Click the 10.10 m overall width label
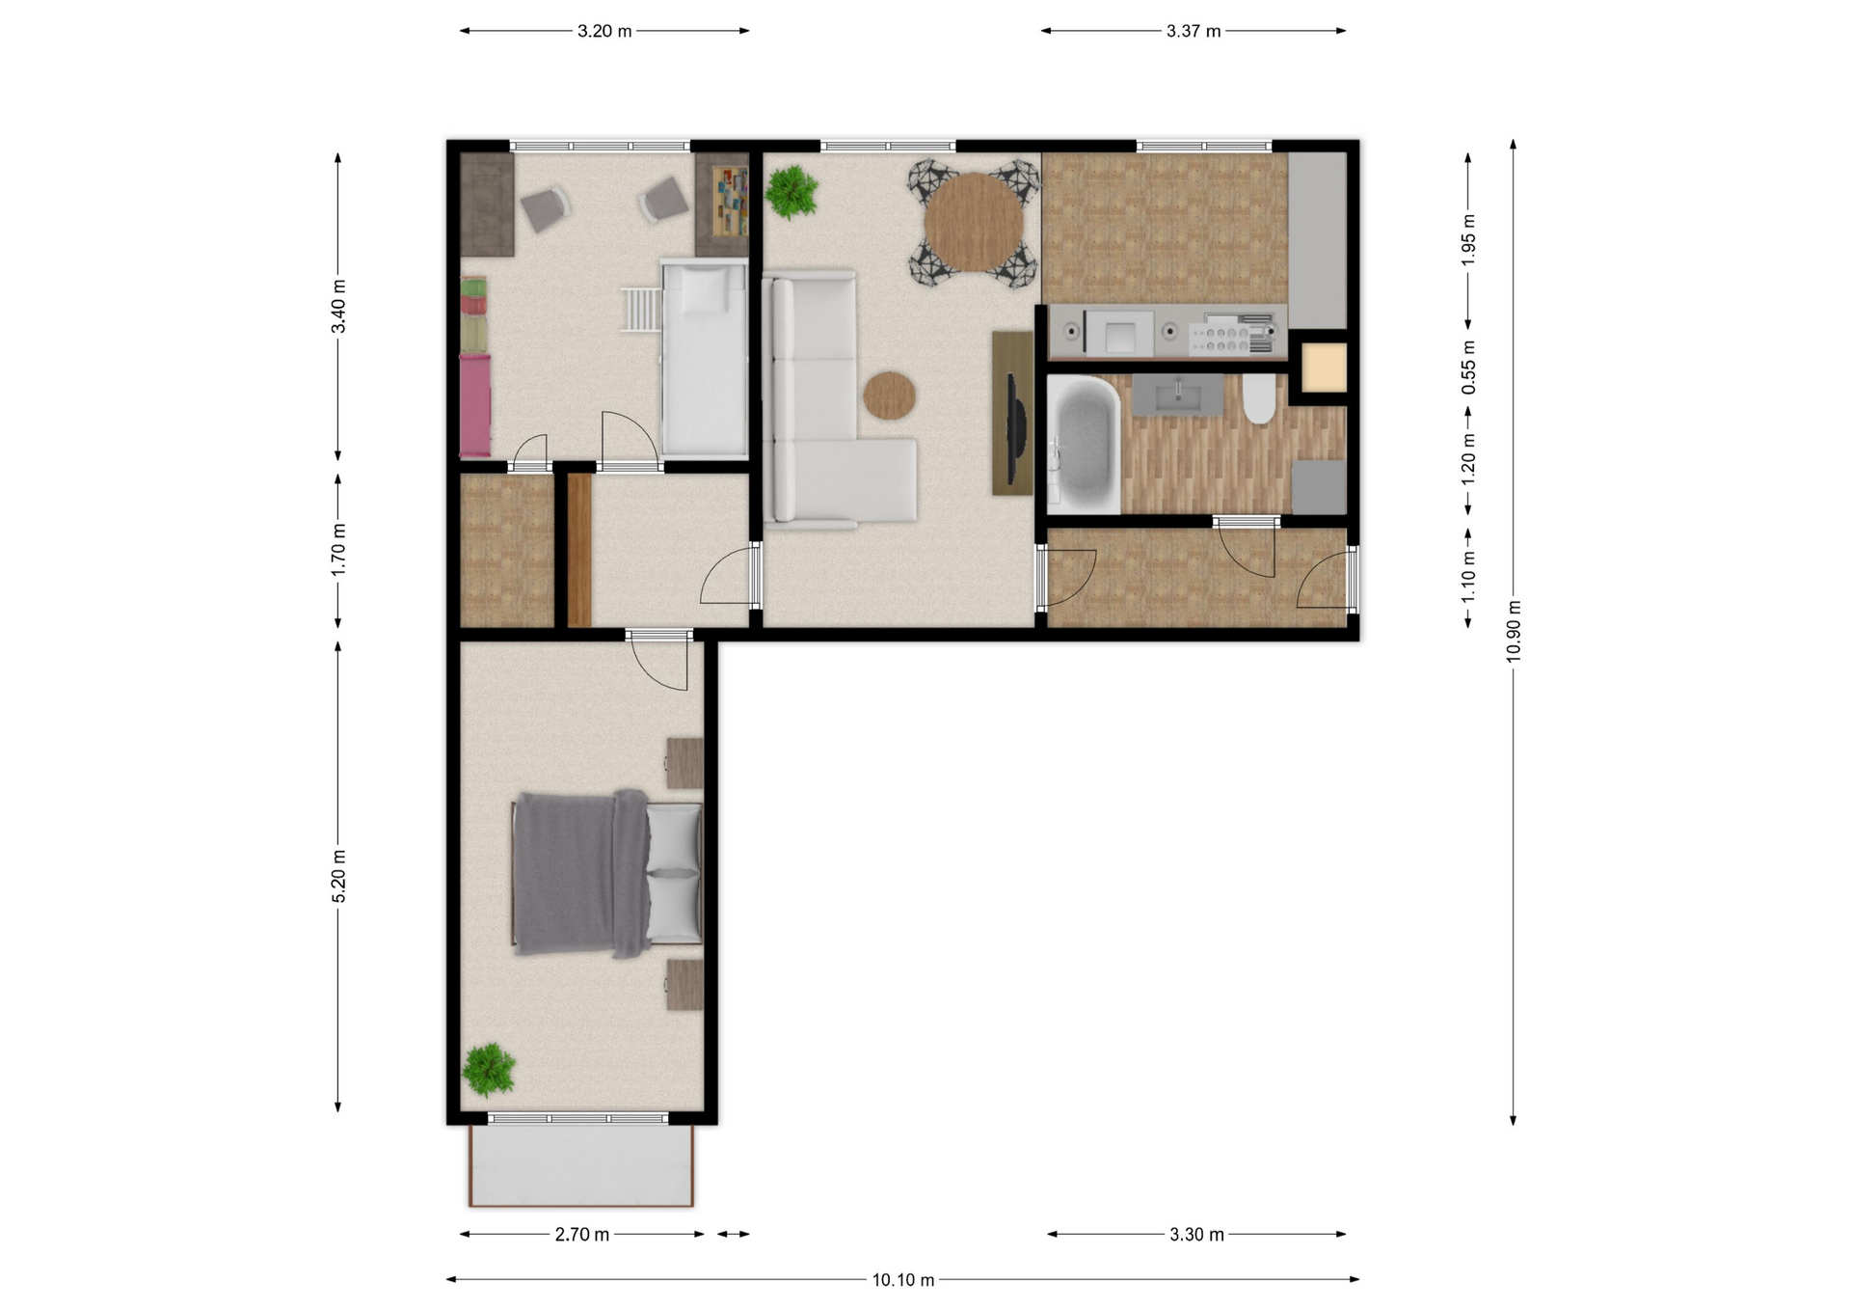coord(903,1280)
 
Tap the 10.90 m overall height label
coord(1514,632)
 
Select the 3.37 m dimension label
coord(1194,31)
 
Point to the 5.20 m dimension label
coord(338,877)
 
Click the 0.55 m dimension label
coord(1468,368)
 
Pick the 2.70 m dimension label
coord(581,1235)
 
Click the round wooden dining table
coord(974,221)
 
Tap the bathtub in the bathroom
coord(1084,445)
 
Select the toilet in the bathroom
coord(1258,398)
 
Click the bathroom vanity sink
coord(1177,395)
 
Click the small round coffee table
coord(889,396)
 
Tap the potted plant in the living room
coord(791,192)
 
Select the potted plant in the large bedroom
coord(489,1069)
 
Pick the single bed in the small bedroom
coord(705,358)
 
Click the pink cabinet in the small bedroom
coord(474,405)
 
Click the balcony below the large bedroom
coord(581,1165)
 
